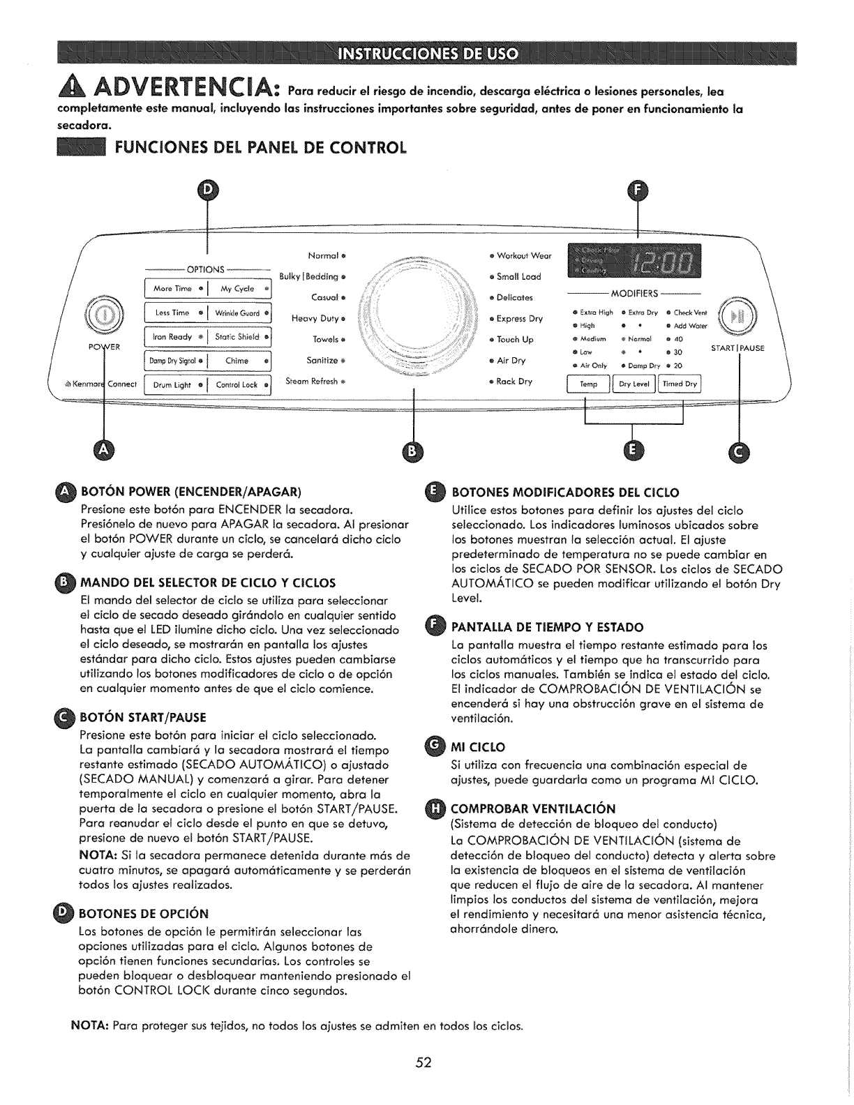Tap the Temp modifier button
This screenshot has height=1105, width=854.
click(x=589, y=384)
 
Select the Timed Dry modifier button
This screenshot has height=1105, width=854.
click(x=680, y=384)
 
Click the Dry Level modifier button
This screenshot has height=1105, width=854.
click(x=634, y=384)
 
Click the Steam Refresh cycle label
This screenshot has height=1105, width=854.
click(x=315, y=381)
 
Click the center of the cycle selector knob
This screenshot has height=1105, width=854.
click(x=415, y=317)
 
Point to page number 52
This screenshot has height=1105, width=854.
click(x=424, y=1062)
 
